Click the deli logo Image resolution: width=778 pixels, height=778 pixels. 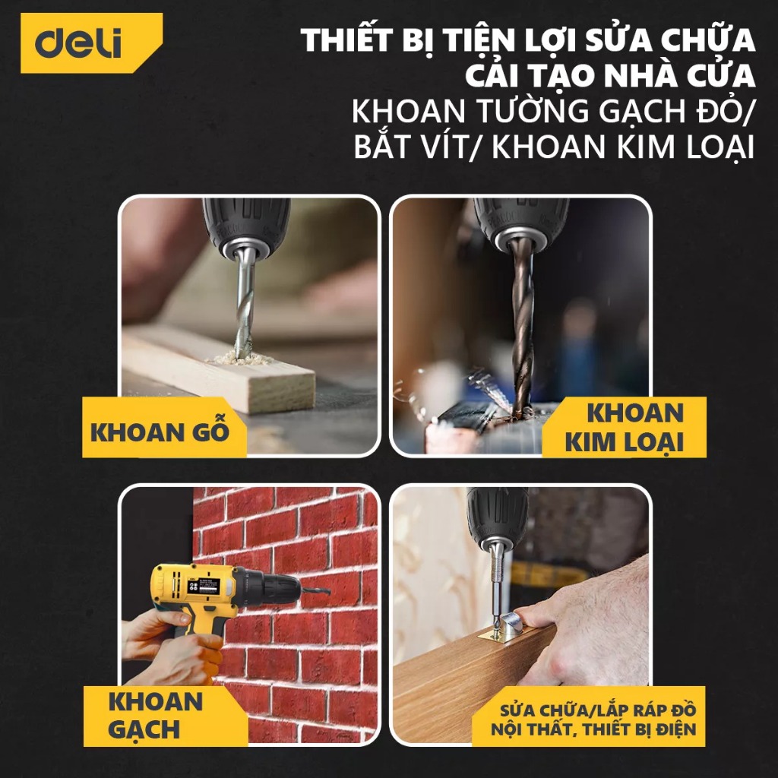91,43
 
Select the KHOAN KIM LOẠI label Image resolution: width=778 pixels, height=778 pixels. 625,427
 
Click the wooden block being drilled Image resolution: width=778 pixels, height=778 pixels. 218,370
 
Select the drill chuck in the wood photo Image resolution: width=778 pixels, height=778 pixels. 246,228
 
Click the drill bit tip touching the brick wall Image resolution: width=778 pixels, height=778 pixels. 328,592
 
